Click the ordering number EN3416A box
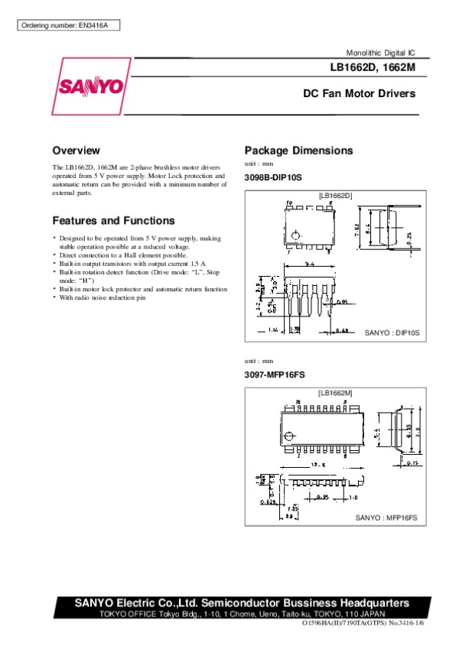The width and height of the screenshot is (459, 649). pos(67,26)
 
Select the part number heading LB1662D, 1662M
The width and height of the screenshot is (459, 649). pos(374,69)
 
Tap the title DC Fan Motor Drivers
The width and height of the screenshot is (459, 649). pos(359,94)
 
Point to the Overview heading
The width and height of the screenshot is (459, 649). pos(76,151)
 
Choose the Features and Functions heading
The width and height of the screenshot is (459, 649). pos(113,221)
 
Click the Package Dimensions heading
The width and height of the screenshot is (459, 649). pos(298,151)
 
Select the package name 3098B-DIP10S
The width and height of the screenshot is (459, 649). pos(273,177)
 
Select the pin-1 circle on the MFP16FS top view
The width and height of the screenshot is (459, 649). pos(288,436)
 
